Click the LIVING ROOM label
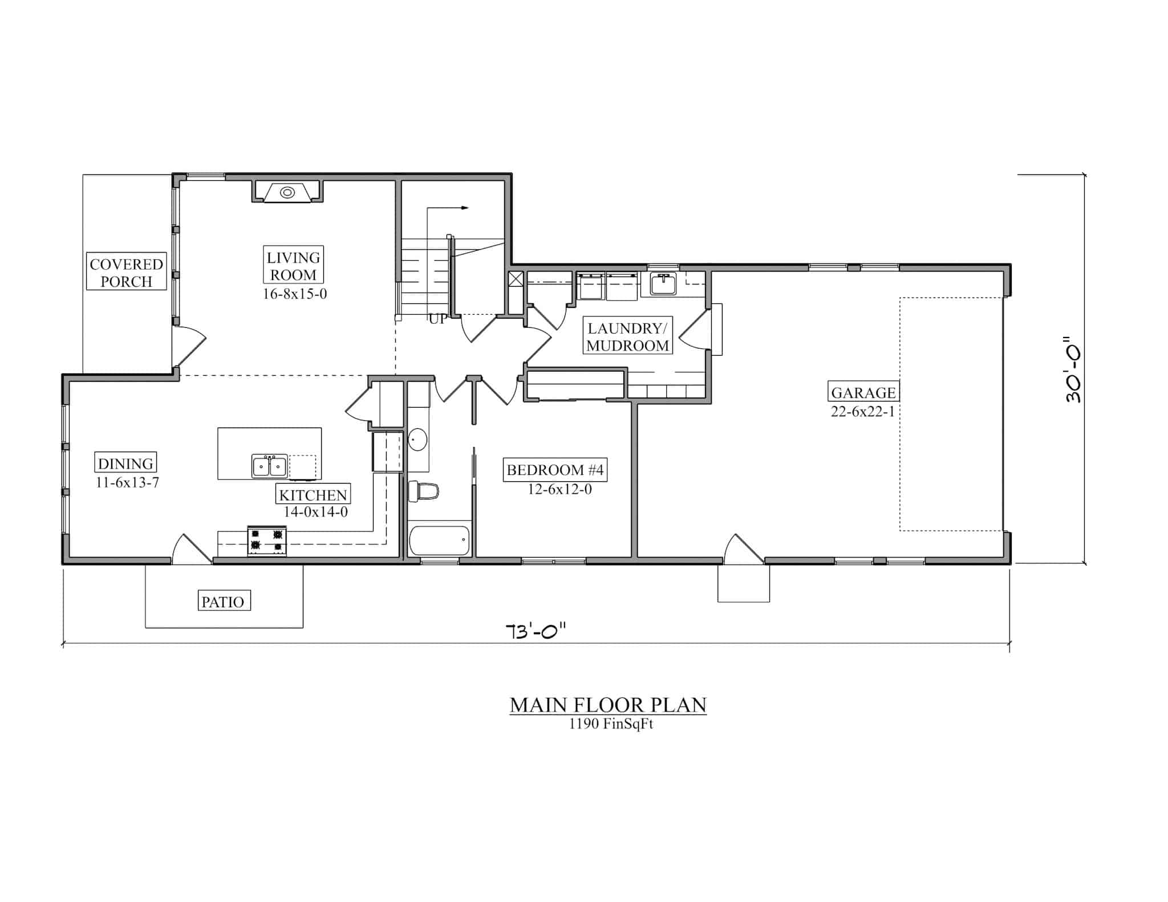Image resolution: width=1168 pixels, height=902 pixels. (293, 266)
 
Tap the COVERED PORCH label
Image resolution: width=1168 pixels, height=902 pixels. (126, 273)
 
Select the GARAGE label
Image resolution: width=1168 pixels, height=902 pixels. (863, 392)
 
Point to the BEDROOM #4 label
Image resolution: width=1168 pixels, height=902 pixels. (555, 470)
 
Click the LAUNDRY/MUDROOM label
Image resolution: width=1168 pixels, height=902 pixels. (627, 336)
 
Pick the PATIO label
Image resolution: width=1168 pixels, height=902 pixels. (223, 602)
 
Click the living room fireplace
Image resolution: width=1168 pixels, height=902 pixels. (287, 192)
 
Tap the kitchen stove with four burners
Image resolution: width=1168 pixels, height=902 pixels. (266, 541)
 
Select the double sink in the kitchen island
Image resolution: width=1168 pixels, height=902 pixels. (269, 466)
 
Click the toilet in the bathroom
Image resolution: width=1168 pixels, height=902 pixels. (423, 491)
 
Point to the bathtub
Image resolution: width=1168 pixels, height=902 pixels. (439, 540)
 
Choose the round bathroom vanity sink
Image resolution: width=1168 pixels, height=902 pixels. (418, 440)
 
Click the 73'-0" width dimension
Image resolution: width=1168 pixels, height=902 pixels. (536, 632)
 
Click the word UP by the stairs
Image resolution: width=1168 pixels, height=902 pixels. (438, 319)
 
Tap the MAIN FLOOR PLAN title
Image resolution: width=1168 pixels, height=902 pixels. (608, 705)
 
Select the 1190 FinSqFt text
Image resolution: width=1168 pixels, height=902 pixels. (610, 725)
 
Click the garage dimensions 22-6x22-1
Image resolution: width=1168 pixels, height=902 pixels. (862, 411)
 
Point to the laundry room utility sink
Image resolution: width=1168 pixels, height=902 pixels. (663, 283)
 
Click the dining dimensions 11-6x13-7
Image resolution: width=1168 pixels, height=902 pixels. (127, 482)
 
